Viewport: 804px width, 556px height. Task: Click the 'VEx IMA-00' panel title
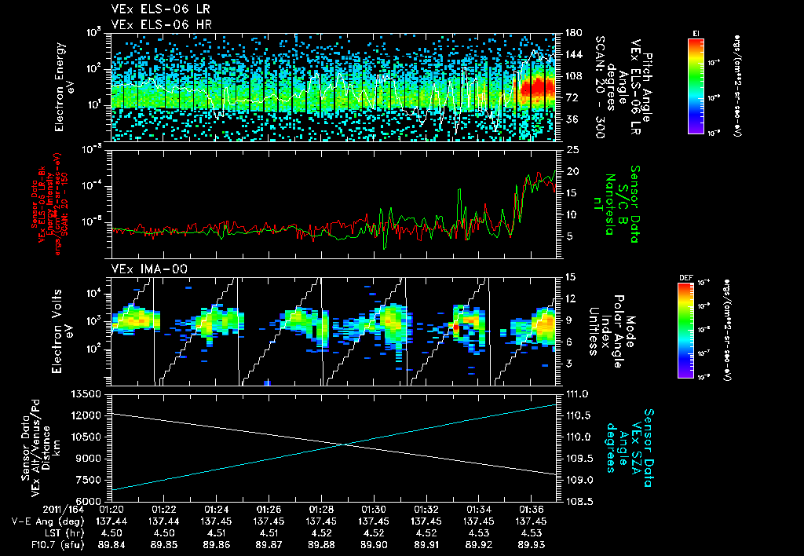click(144, 269)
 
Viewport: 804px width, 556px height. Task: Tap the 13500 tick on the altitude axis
click(93, 393)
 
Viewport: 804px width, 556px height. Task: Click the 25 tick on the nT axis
click(572, 149)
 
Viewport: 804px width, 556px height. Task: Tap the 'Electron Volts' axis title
click(60, 330)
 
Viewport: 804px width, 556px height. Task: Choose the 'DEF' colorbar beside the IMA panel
click(689, 330)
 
